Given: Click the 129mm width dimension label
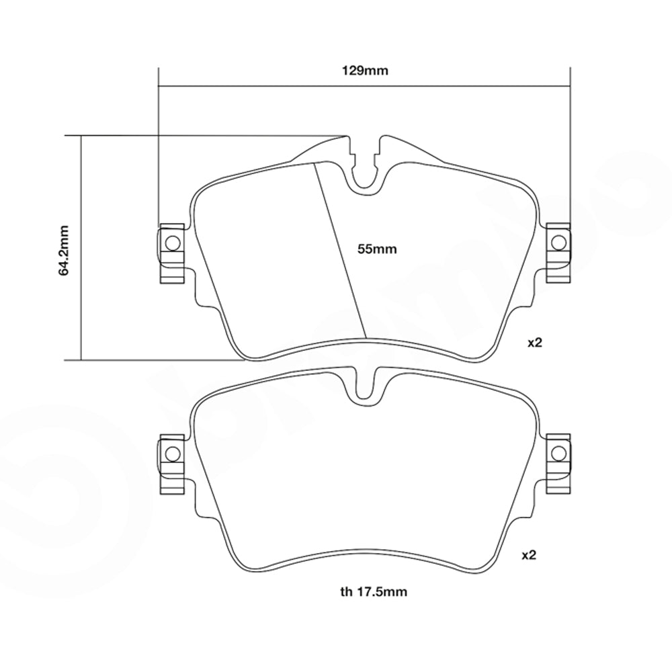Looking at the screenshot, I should (364, 70).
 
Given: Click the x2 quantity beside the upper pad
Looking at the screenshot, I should (534, 343).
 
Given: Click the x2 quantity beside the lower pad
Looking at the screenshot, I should (530, 556).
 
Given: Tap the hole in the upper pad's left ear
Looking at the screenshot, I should (171, 242).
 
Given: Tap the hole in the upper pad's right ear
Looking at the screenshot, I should (557, 242).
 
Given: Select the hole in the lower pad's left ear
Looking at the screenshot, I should (171, 454).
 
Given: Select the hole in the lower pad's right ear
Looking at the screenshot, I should (557, 454).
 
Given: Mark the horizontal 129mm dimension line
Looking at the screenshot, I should (269, 86).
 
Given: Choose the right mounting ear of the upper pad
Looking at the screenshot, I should (558, 253).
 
